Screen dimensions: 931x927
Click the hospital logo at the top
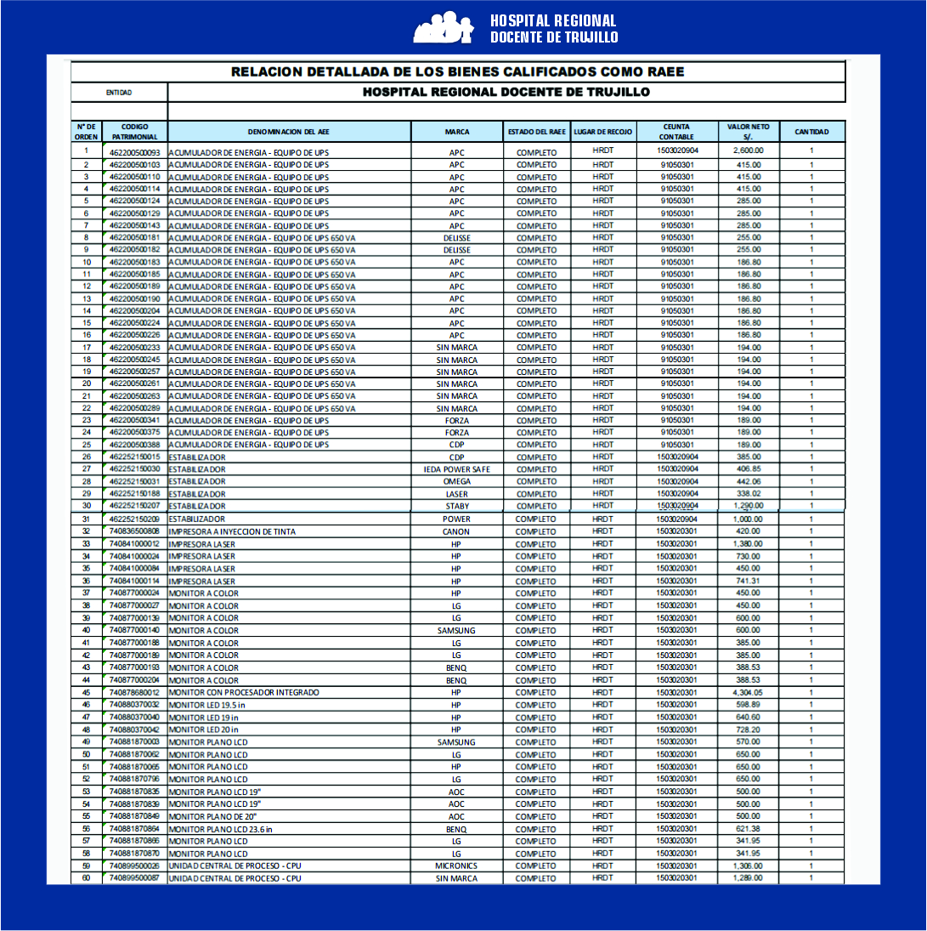click(x=442, y=27)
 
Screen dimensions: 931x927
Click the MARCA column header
click(x=456, y=132)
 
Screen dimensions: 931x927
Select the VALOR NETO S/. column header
click(x=748, y=132)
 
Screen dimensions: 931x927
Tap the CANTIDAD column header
click(x=811, y=132)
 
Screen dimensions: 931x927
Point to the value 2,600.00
click(x=748, y=150)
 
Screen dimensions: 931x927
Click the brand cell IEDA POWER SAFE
click(x=456, y=469)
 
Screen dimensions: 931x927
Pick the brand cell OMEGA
click(x=456, y=481)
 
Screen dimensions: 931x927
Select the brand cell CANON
click(x=456, y=531)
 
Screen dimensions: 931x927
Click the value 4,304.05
click(x=748, y=692)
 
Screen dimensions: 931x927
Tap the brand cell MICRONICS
click(x=456, y=866)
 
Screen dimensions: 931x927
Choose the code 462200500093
click(x=134, y=151)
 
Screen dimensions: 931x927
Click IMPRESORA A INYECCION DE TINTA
click(x=232, y=531)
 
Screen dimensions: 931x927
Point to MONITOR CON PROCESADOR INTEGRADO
click(x=244, y=692)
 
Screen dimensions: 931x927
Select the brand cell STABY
click(x=456, y=506)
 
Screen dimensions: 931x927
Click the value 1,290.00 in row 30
click(x=748, y=506)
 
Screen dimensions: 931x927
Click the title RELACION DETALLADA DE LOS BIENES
click(x=457, y=72)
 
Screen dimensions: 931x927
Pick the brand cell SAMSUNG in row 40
click(x=456, y=630)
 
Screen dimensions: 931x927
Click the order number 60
click(x=86, y=877)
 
